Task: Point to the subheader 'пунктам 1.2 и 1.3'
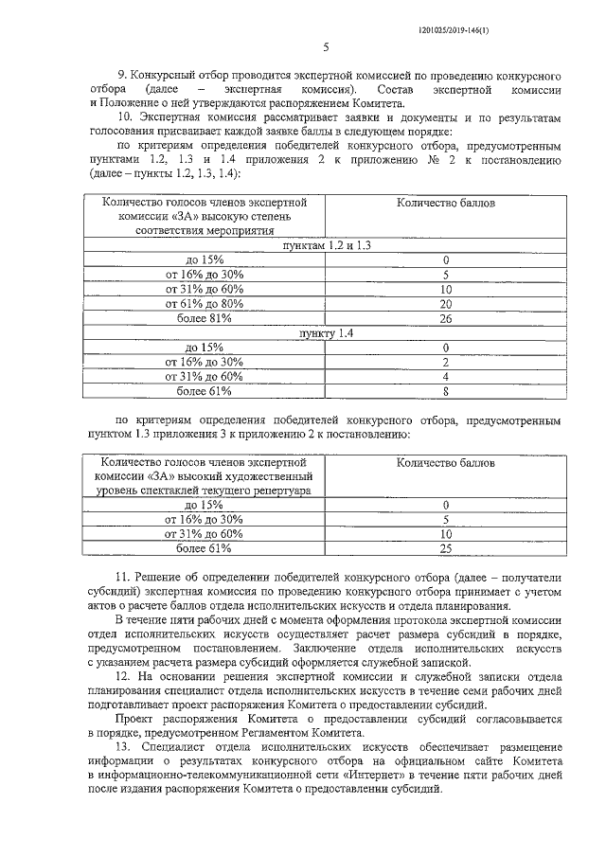(x=325, y=245)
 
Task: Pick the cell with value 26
(x=444, y=319)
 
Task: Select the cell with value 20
(x=444, y=304)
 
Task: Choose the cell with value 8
(x=444, y=390)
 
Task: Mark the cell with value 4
(x=444, y=376)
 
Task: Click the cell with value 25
(x=444, y=547)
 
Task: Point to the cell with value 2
(x=444, y=362)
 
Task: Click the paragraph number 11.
(x=121, y=578)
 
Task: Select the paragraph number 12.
(x=121, y=676)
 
